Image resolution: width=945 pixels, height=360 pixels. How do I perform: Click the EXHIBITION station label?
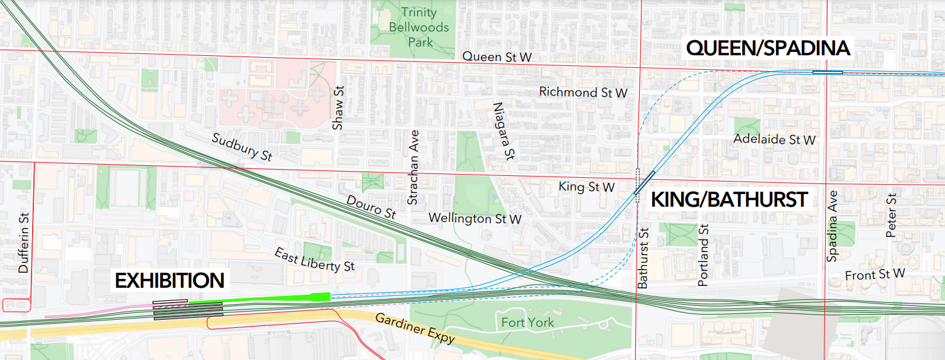[169, 280]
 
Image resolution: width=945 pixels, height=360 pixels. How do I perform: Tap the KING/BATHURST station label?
[729, 200]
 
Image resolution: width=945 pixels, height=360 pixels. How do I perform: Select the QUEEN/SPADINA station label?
[768, 48]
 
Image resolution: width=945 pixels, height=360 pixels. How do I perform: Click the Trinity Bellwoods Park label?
[419, 28]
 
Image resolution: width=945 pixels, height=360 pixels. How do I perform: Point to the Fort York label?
[527, 323]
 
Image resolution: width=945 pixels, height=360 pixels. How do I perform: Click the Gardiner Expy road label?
[414, 328]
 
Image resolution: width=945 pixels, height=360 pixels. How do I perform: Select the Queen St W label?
[497, 57]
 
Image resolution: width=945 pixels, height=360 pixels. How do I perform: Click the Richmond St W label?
[583, 92]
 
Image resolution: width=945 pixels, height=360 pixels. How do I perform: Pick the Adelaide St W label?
[774, 139]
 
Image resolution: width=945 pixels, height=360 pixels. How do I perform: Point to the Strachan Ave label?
[413, 168]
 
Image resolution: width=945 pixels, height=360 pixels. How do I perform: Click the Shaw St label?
[338, 107]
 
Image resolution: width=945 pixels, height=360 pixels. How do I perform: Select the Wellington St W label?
[474, 219]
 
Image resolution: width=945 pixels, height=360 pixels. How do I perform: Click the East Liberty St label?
[314, 259]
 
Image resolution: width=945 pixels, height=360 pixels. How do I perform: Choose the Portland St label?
[703, 255]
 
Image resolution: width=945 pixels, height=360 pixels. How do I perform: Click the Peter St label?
[890, 215]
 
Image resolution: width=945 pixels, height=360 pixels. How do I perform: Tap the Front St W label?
[875, 274]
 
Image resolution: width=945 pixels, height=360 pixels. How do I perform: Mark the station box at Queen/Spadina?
[828, 72]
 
